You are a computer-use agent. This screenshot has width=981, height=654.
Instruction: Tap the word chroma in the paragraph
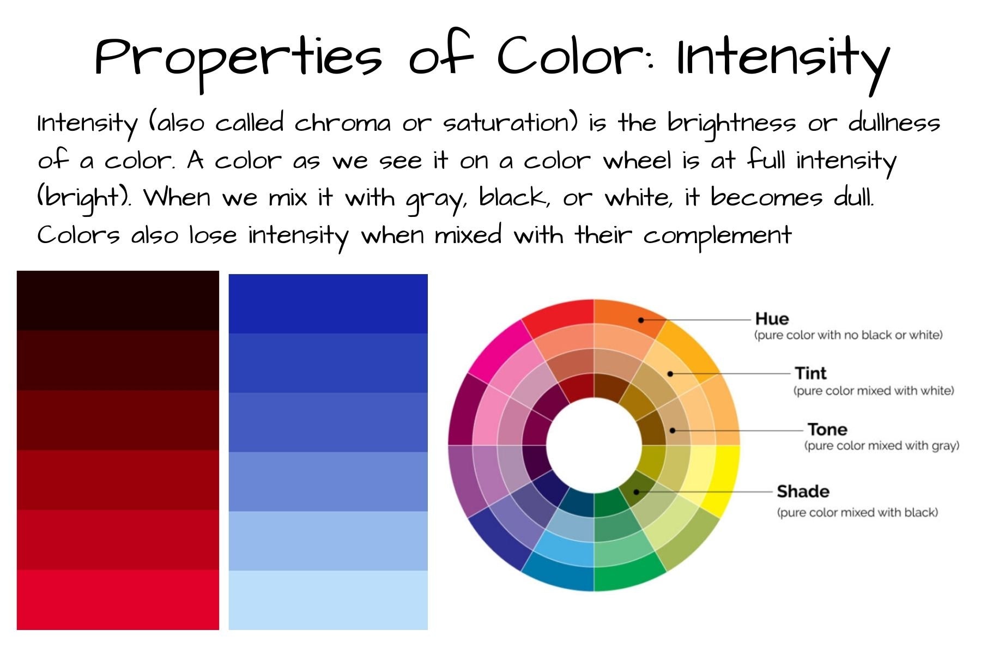tap(343, 123)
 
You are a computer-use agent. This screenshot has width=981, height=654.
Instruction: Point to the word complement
tap(717, 237)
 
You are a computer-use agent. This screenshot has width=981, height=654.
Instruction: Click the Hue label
tap(772, 319)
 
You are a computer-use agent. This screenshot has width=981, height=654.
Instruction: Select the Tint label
tap(810, 373)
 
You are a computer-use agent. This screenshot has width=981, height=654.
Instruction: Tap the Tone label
tap(827, 429)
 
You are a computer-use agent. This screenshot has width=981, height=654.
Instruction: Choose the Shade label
tap(803, 492)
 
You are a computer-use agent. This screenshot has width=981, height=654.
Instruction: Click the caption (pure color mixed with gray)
tap(881, 446)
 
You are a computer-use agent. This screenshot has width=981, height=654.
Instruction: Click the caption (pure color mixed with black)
tap(857, 512)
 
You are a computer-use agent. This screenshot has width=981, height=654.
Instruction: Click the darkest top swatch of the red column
tap(118, 300)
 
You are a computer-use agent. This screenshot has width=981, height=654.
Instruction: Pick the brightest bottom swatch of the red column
tap(118, 599)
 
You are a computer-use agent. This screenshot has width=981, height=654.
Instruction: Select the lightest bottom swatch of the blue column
tap(328, 600)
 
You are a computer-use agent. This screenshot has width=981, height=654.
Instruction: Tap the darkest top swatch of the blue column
tap(328, 304)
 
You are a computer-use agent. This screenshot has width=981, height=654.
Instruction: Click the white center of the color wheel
tap(594, 445)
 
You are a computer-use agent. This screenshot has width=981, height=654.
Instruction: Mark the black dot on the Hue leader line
tap(641, 320)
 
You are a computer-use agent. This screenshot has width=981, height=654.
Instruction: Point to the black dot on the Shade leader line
tap(636, 492)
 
